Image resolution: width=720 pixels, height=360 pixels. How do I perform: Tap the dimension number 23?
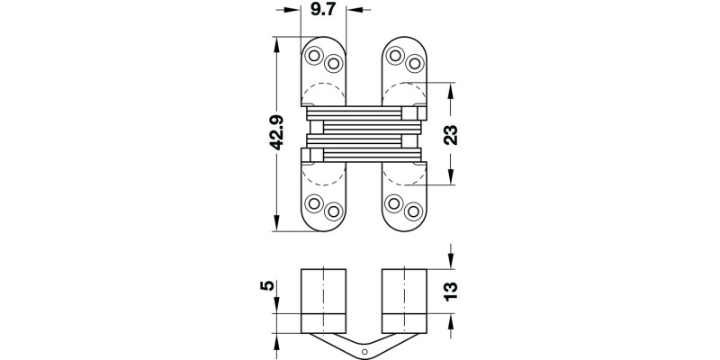tap(452, 134)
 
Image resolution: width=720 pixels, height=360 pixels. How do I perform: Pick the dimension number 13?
tap(452, 289)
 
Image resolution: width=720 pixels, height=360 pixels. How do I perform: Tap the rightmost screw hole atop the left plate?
tap(333, 64)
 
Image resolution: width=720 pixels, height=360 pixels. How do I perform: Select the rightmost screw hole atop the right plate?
tap(415, 64)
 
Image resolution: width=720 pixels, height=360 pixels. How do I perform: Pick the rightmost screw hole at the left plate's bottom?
tap(333, 212)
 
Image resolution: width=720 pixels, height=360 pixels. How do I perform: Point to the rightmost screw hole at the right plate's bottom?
tap(415, 212)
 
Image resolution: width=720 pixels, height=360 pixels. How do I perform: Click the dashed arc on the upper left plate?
tap(321, 90)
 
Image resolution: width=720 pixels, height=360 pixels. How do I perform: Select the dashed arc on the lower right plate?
tap(402, 175)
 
